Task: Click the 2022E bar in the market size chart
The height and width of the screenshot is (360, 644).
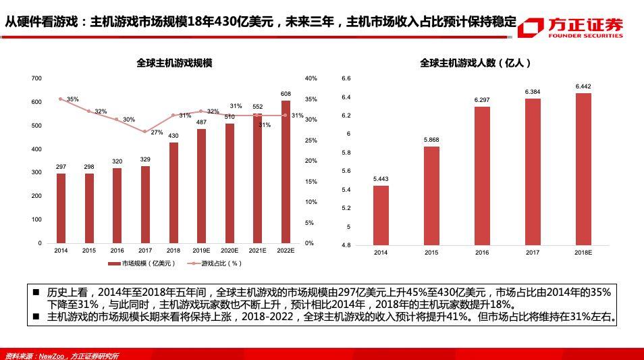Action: click(286, 172)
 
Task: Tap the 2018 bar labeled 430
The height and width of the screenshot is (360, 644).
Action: click(173, 192)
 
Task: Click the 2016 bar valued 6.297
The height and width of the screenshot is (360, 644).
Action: click(482, 176)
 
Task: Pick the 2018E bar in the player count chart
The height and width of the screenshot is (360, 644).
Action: click(583, 169)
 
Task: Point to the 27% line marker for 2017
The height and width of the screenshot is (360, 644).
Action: click(145, 132)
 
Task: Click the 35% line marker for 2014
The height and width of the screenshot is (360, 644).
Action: click(61, 99)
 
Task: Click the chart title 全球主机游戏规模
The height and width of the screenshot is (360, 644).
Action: click(174, 63)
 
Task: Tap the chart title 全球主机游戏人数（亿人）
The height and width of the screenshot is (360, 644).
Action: click(475, 63)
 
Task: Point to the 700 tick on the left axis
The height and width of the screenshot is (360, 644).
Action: click(36, 78)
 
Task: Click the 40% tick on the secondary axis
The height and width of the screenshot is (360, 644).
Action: click(311, 78)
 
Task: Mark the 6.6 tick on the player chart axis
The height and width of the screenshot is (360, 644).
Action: click(346, 78)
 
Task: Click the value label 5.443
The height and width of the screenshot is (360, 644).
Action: click(381, 179)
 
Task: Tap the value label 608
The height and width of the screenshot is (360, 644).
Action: click(286, 94)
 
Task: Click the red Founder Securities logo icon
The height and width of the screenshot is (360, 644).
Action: click(531, 27)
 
